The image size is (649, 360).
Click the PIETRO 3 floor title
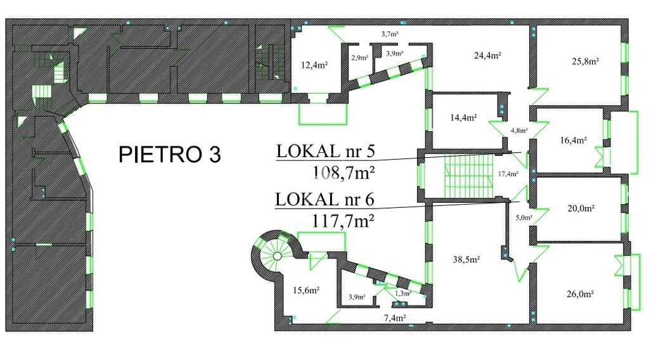(170, 155)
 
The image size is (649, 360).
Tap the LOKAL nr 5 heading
(325, 151)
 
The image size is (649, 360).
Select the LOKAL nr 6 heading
(324, 200)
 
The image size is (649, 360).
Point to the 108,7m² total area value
(344, 172)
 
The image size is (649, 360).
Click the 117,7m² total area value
(343, 221)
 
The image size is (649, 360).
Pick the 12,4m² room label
(314, 65)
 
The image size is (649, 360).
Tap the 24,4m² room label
(487, 55)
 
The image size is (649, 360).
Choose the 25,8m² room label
(586, 61)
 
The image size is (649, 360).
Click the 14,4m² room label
(463, 117)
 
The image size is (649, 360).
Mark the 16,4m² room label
(573, 140)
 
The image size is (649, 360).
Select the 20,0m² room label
(581, 208)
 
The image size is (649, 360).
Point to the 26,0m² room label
(581, 294)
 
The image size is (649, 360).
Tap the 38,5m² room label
(466, 259)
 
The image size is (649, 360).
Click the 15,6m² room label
(306, 290)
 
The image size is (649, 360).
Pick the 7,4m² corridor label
(395, 318)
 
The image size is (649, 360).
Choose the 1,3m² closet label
(402, 293)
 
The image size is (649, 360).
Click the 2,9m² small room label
(360, 58)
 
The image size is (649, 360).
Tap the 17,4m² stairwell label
(508, 174)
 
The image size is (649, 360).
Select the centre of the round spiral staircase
(278, 257)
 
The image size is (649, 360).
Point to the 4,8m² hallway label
(519, 131)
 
